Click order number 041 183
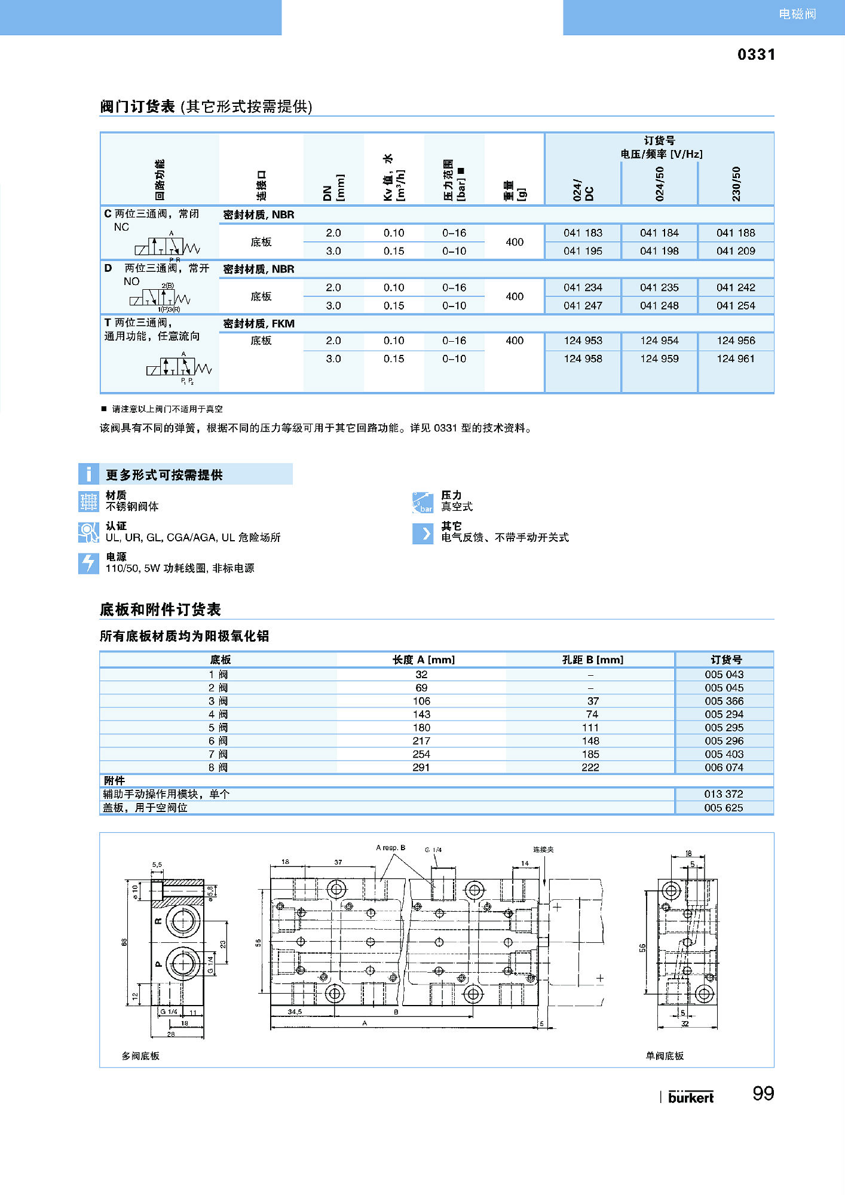[x=583, y=233]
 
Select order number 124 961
[x=736, y=358]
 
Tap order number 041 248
[x=659, y=305]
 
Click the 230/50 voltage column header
[x=736, y=183]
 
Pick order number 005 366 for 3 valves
[x=724, y=701]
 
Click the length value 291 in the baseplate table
[x=421, y=767]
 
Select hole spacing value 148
[x=590, y=741]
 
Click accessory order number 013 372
[x=723, y=794]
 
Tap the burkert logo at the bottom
[x=690, y=1097]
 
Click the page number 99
[x=763, y=1093]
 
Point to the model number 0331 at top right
[x=756, y=55]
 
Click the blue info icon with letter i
[x=88, y=474]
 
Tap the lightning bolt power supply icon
[x=88, y=563]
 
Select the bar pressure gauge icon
[x=422, y=502]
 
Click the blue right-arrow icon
[x=422, y=534]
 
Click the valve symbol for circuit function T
[x=179, y=367]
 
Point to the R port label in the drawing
[x=158, y=921]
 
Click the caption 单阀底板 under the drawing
[x=665, y=1056]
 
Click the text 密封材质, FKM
[x=259, y=324]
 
